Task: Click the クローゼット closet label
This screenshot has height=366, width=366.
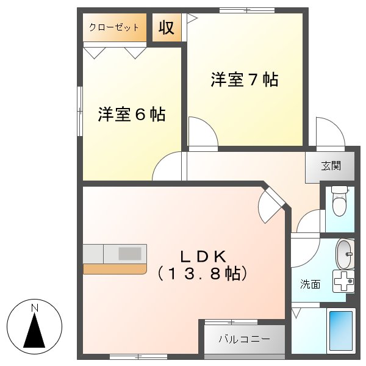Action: point(114,27)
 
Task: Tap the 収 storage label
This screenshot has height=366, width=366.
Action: point(167,27)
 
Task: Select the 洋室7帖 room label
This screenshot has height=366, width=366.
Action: point(245,80)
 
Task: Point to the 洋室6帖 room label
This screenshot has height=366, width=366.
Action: point(132,115)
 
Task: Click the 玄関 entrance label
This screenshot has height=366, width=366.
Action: point(331,165)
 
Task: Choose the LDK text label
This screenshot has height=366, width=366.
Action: point(203,256)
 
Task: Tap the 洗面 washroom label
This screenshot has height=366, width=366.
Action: point(310,284)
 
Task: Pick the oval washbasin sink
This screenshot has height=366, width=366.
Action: point(345,253)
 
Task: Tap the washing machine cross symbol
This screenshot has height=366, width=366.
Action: point(343,281)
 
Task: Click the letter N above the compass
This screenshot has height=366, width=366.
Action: point(35,307)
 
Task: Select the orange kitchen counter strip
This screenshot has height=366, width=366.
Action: point(114,268)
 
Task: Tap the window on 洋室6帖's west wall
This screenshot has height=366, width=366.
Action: point(79,111)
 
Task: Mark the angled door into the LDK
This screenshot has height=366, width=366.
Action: point(271,204)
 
